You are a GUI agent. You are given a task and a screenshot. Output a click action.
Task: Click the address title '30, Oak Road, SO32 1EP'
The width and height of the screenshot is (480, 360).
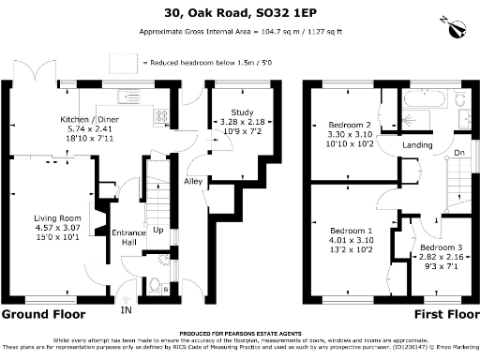[240, 13]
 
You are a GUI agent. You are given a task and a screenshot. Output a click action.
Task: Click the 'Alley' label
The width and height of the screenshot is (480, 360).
[194, 181]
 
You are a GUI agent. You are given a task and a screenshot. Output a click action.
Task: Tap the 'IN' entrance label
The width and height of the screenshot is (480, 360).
[125, 310]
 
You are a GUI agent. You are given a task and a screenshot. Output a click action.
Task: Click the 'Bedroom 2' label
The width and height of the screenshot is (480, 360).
[348, 125]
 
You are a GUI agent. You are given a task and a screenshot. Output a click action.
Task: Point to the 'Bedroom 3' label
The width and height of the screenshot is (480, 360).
[438, 247]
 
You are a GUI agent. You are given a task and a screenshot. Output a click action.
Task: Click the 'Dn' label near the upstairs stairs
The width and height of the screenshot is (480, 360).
[458, 153]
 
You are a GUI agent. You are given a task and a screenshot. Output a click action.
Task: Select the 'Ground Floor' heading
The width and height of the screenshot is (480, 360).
[43, 314]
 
